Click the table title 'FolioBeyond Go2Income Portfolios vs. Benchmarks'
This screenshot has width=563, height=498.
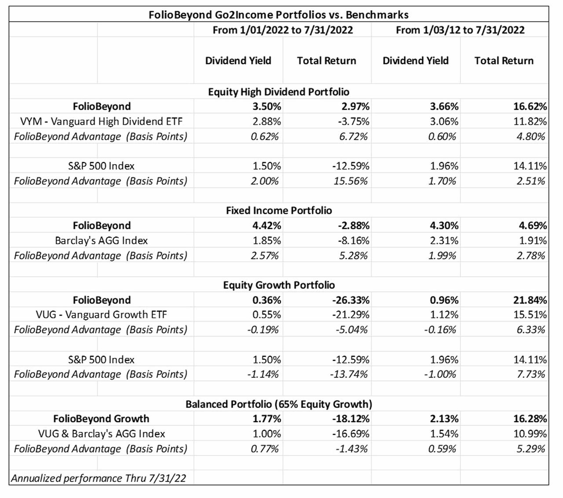[x=278, y=15]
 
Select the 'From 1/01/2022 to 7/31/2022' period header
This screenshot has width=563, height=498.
[x=282, y=30]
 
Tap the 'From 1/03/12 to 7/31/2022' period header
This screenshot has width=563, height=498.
[x=460, y=30]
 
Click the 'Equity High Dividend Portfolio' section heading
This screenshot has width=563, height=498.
[x=278, y=92]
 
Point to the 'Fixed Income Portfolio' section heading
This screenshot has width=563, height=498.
[x=278, y=210]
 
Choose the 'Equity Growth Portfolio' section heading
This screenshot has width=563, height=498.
[x=278, y=285]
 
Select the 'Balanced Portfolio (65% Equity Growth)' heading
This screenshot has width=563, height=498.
[x=278, y=404]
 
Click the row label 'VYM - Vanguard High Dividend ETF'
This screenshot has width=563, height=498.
[x=101, y=121]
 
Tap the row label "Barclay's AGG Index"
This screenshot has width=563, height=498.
[x=101, y=241]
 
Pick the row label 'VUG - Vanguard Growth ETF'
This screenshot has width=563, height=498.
[x=101, y=315]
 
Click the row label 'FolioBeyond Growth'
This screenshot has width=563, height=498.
[x=101, y=419]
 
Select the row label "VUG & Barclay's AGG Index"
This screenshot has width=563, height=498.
[x=101, y=434]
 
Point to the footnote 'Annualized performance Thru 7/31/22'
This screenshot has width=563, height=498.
[x=99, y=478]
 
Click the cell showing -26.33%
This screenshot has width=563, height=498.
[x=351, y=300]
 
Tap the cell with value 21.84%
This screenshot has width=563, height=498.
[x=530, y=300]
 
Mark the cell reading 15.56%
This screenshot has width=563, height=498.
[x=351, y=181]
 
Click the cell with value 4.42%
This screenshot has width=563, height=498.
[x=267, y=226]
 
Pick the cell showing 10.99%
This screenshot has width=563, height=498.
[x=530, y=434]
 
